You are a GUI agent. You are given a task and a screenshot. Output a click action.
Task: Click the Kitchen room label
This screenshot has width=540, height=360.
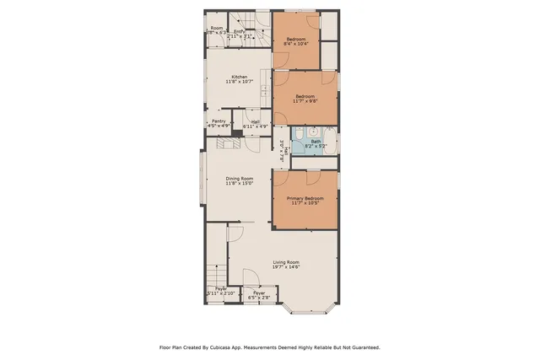pyautogui.click(x=239, y=76)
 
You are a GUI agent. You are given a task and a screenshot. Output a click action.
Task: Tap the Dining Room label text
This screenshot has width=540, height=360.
pyautogui.click(x=239, y=178)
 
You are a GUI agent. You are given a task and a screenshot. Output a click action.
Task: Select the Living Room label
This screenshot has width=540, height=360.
pyautogui.click(x=286, y=263)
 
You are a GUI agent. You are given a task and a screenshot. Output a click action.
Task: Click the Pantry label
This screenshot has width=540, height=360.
pyautogui.click(x=218, y=121)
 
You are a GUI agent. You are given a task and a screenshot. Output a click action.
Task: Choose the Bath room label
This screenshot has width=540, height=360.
pyautogui.click(x=316, y=141)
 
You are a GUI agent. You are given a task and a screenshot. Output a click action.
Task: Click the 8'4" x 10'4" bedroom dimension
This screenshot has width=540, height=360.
pyautogui.click(x=295, y=45)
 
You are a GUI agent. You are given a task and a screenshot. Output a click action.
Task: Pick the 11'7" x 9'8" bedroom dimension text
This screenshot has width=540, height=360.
pyautogui.click(x=305, y=101)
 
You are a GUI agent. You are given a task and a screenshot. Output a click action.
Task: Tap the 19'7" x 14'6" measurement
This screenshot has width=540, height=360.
pyautogui.click(x=286, y=268)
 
